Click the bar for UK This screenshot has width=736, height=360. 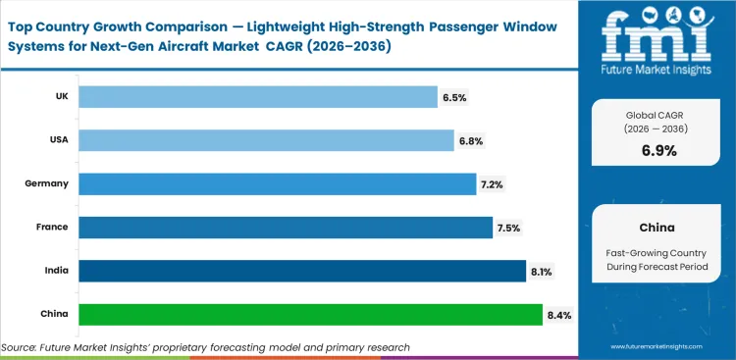pyautogui.click(x=257, y=96)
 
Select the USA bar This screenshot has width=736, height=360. pyautogui.click(x=266, y=140)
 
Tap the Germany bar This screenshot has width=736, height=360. pyautogui.click(x=277, y=183)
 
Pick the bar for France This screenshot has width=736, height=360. pyautogui.click(x=285, y=227)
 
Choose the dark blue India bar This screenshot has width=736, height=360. pyautogui.click(x=301, y=271)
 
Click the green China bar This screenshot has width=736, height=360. pyautogui.click(x=309, y=314)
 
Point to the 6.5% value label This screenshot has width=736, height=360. pyautogui.click(x=453, y=97)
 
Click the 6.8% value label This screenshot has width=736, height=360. pyautogui.click(x=470, y=141)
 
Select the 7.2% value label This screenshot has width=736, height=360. pyautogui.click(x=492, y=184)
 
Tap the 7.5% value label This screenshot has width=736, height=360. pyautogui.click(x=508, y=228)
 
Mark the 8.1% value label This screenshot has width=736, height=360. pyautogui.click(x=542, y=272)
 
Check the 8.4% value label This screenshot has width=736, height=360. pyautogui.click(x=557, y=315)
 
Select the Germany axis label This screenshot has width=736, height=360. pyautogui.click(x=47, y=183)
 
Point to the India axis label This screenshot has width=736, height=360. pyautogui.click(x=55, y=271)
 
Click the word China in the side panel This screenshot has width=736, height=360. pyautogui.click(x=656, y=227)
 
